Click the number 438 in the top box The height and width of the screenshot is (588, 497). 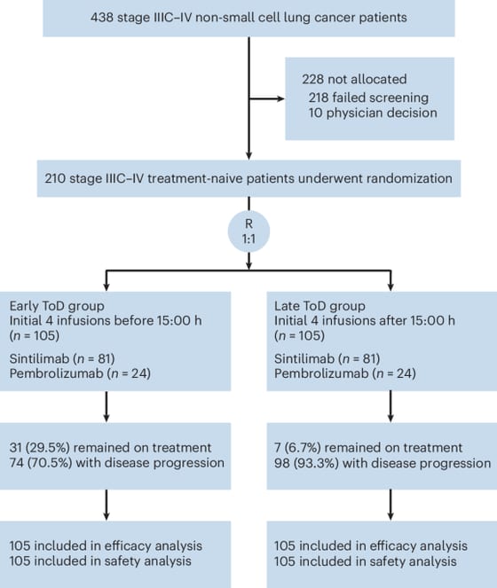click(102, 17)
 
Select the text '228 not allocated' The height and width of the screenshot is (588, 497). click(354, 79)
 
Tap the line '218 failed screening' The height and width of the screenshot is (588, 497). click(368, 98)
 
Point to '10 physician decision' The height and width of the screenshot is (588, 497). click(373, 113)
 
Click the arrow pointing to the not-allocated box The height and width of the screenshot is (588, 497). click(267, 98)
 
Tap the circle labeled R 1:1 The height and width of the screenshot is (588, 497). click(248, 231)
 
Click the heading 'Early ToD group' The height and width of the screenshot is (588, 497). click(57, 306)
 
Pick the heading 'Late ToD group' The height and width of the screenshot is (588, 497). click(319, 306)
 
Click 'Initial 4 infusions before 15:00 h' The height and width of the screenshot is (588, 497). click(106, 321)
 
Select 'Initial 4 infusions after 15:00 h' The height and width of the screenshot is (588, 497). click(365, 321)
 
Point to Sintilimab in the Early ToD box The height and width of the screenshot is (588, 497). click(39, 359)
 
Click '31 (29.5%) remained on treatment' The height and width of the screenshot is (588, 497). click(110, 447)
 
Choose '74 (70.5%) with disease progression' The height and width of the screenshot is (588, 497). click(117, 463)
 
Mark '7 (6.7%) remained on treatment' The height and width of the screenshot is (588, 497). click(368, 447)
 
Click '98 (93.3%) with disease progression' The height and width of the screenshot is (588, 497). click(383, 463)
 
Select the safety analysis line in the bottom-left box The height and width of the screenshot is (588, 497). click(100, 561)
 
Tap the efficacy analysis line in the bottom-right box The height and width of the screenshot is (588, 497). click(370, 545)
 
